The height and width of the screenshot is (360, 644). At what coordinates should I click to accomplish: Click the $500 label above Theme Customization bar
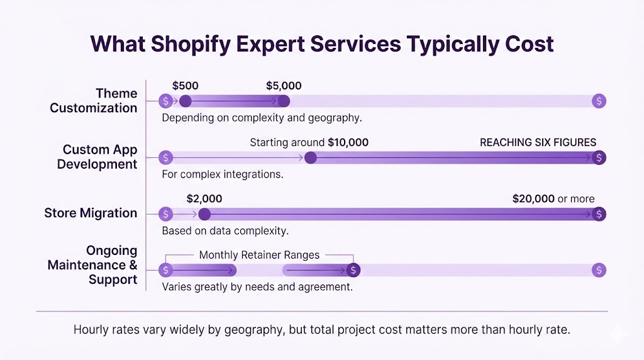(x=186, y=86)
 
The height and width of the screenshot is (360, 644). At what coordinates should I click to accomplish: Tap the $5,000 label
(x=284, y=86)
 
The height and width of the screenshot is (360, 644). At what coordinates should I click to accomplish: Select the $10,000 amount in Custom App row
(x=348, y=142)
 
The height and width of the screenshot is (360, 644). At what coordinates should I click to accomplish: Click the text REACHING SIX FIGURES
(x=538, y=142)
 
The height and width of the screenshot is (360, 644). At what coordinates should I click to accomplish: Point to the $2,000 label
(x=204, y=199)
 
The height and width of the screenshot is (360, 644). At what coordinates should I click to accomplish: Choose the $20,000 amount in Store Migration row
(x=533, y=199)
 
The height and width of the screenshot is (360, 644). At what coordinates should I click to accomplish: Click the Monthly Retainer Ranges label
(x=259, y=255)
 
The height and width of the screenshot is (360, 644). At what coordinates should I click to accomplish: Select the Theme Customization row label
(x=94, y=101)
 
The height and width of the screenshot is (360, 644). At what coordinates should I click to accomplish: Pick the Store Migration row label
(x=91, y=213)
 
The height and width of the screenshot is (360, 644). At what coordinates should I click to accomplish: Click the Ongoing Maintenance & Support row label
(x=92, y=265)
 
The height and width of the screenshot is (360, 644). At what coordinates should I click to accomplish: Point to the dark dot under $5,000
(x=284, y=101)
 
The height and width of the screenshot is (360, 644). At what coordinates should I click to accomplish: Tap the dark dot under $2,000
(x=204, y=214)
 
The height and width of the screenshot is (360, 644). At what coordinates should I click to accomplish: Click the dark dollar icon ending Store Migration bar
(x=599, y=214)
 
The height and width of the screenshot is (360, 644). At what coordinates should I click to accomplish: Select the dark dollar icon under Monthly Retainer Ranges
(x=354, y=270)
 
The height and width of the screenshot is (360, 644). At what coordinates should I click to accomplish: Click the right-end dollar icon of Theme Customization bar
(x=599, y=101)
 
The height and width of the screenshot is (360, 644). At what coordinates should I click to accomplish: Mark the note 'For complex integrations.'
(x=223, y=174)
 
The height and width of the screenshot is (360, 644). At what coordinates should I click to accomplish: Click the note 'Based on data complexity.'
(x=225, y=230)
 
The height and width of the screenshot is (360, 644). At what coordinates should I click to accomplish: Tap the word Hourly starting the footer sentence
(x=92, y=330)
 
